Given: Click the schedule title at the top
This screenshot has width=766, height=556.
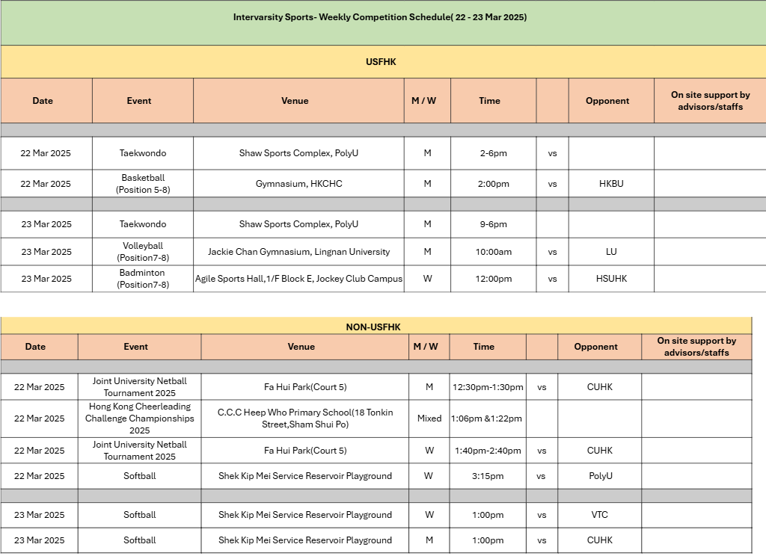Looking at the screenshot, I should coord(380,17).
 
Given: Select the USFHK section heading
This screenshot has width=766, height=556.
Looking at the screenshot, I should coord(381,62).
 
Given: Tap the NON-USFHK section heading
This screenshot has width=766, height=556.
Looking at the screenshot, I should coord(373,327).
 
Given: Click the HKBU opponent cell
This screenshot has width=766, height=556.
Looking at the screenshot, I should coord(611,184).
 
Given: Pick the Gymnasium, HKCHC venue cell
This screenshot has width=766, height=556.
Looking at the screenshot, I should coord(298,184).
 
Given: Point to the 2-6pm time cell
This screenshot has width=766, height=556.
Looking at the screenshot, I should coord(493,153).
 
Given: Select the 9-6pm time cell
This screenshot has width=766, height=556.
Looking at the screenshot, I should coord(493,224).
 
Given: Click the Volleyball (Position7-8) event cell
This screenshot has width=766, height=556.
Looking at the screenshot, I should coord(142,252).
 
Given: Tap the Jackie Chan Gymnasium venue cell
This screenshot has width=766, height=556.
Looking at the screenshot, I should coord(298,252).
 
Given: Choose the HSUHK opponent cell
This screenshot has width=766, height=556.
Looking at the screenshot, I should coord(611,279).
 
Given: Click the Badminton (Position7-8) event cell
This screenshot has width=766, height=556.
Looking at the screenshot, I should coord(142,279).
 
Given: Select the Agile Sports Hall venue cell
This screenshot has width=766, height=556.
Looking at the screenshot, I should coord(298,279).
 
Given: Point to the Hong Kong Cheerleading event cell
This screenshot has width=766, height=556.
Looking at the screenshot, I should coord(139,418).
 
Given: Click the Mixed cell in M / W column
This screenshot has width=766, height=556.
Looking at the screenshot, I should coord(429,418).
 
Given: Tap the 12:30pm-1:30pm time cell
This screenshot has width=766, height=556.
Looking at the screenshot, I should coord(488,387).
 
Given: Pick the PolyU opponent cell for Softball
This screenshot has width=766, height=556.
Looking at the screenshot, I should coord(600,476).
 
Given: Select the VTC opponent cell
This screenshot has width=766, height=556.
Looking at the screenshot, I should coord(600,515).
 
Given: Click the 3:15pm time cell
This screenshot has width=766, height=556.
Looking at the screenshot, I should coord(488,476).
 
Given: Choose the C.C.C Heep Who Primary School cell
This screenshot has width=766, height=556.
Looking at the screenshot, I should coord(305,418).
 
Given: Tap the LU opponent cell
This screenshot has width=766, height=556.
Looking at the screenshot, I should coord(611,252).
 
